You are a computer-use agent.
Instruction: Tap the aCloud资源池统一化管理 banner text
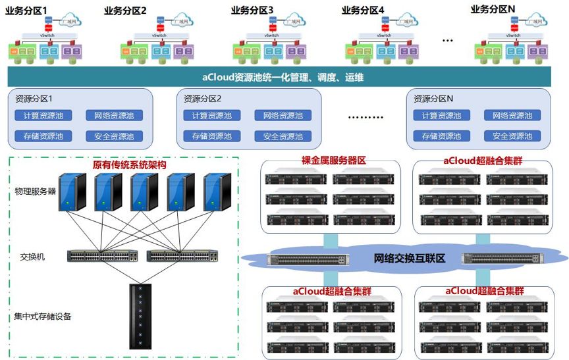pos(284,78)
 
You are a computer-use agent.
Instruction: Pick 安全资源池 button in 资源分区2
pos(283,137)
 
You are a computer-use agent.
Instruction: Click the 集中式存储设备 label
pos(43,317)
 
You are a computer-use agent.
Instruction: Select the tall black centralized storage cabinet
pos(140,316)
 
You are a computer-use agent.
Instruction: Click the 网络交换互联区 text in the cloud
pos(409,259)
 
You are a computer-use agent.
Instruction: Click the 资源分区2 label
pos(203,99)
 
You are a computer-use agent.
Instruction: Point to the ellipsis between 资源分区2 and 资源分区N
pos(365,118)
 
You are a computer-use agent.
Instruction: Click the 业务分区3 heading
pos(252,10)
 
